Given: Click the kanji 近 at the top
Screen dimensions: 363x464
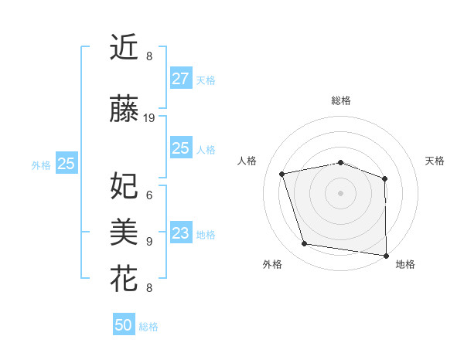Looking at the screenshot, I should (x=124, y=48).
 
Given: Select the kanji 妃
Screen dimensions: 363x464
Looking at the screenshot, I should (x=124, y=186).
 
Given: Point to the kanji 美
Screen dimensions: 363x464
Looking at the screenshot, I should (x=124, y=231).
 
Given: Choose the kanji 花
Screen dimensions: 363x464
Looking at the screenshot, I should (x=124, y=278).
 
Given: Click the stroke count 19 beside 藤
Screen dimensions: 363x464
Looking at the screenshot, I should (x=149, y=118).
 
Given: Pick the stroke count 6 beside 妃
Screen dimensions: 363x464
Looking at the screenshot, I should (x=149, y=195).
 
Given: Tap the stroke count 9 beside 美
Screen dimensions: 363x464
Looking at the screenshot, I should (x=149, y=241).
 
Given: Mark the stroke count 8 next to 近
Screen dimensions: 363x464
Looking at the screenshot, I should (x=149, y=56).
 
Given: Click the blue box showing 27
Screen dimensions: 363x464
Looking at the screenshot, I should (x=180, y=79).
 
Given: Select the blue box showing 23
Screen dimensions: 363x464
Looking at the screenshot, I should (x=180, y=233).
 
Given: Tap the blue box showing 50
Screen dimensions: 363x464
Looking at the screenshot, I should (x=123, y=325).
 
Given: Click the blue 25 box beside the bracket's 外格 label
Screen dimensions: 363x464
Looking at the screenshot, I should (x=67, y=164).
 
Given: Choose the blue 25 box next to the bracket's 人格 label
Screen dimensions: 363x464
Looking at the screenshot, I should (x=180, y=148).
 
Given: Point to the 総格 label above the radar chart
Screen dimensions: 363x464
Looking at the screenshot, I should (x=341, y=100).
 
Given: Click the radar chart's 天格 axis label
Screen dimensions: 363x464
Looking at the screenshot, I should (x=435, y=161).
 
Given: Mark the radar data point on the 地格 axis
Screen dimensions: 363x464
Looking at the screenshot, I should (x=387, y=255).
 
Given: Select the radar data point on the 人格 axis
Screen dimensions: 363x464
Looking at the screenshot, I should (x=282, y=174).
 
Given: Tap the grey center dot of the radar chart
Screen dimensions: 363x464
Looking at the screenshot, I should (x=340, y=192).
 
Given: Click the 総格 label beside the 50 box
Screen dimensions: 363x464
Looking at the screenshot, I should (x=148, y=327).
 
